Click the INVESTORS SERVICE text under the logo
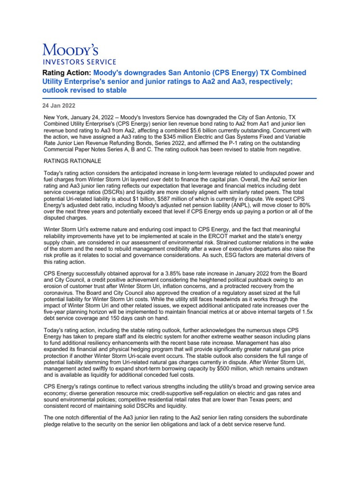click(x=79, y=61)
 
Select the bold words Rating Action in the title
click(x=67, y=73)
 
